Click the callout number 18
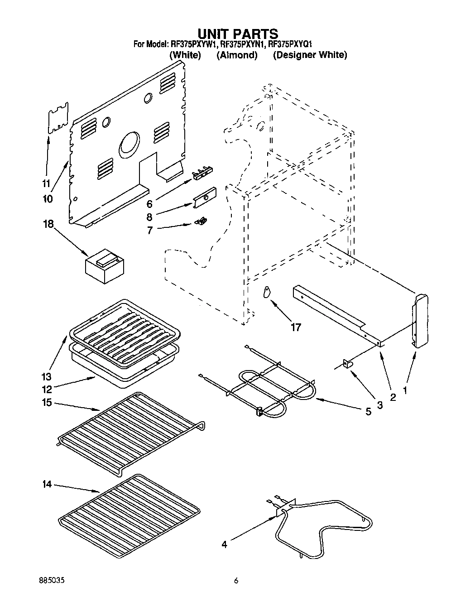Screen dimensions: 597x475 [48, 224]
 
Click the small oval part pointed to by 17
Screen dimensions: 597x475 [266, 292]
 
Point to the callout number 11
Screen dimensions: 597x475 [45, 183]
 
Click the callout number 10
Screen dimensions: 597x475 [48, 198]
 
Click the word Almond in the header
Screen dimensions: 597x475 [237, 55]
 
